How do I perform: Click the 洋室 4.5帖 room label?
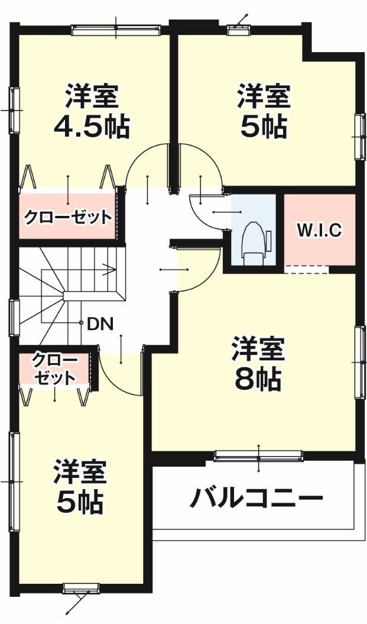(92, 111)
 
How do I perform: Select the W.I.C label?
(320, 230)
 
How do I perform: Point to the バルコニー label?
(256, 499)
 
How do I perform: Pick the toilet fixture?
(253, 241)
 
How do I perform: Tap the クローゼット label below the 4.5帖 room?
(67, 217)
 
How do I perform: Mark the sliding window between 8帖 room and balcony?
(259, 455)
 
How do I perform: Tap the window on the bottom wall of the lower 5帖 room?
(81, 589)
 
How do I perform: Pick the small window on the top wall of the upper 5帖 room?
(238, 26)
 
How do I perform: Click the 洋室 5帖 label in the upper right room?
(264, 111)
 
